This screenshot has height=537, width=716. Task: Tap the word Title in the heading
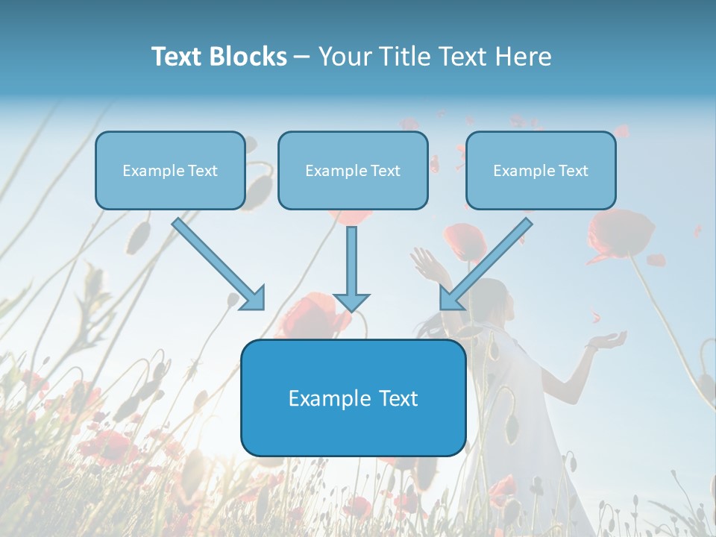[404, 57]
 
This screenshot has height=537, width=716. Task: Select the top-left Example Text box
[170, 171]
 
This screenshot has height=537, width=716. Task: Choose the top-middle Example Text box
[353, 171]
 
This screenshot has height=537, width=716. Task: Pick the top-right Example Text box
[541, 171]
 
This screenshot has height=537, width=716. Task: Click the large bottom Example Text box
[353, 398]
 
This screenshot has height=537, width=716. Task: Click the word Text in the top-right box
[573, 171]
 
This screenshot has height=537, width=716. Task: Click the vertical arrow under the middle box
[351, 265]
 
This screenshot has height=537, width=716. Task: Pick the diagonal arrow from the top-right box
[486, 264]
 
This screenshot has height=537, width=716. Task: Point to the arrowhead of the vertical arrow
[351, 301]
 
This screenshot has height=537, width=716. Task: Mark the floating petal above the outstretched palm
[595, 317]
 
